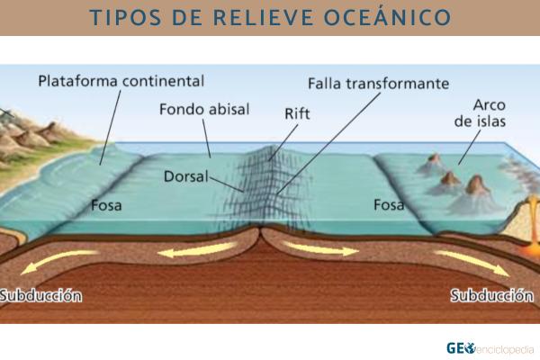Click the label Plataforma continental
121,82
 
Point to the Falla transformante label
377,83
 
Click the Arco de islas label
476,113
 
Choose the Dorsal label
186,176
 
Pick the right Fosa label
389,204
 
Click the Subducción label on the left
40,295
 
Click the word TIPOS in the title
121,18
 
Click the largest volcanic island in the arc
476,187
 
